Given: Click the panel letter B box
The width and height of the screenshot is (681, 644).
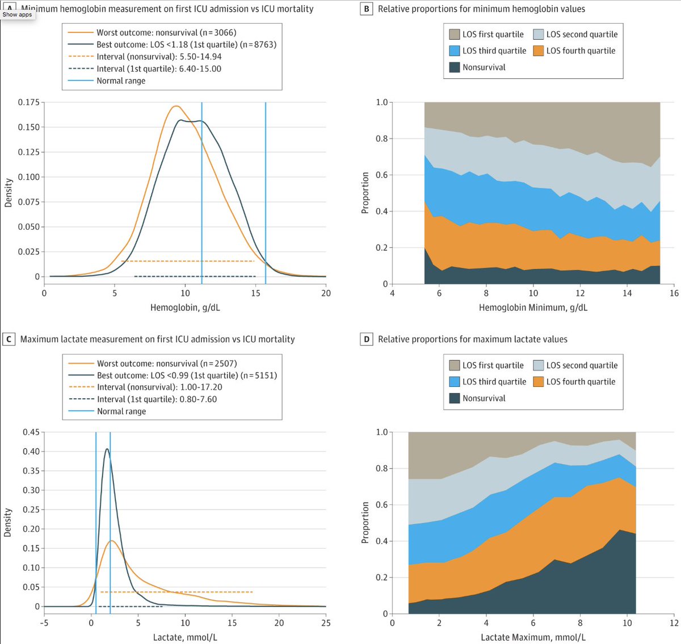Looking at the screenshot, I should click(367, 9).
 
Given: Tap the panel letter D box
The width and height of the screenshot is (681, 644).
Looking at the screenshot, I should click(367, 339).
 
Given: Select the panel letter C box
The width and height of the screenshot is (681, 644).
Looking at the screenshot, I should click(9, 339).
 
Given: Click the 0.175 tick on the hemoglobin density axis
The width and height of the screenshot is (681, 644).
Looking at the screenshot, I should click(28, 102).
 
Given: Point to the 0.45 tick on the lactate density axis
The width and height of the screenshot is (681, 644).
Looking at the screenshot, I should click(31, 432).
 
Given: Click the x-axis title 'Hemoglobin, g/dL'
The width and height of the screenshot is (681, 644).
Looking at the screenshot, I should click(185, 308).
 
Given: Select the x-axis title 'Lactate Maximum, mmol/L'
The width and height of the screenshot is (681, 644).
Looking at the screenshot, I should click(533, 637).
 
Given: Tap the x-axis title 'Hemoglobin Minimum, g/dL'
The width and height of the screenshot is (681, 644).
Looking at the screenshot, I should click(533, 308).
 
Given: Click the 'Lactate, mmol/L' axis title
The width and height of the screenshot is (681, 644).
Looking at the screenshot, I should click(185, 637).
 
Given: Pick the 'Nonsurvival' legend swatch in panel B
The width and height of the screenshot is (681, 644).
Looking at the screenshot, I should click(455, 67).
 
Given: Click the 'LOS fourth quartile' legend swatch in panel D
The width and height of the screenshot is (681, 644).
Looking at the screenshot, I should click(538, 382).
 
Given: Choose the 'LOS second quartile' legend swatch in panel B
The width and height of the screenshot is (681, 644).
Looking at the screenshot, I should click(538, 34).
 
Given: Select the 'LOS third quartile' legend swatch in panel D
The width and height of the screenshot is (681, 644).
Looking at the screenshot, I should click(455, 382).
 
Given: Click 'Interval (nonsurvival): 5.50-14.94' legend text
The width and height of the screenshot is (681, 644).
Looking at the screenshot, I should click(159, 57).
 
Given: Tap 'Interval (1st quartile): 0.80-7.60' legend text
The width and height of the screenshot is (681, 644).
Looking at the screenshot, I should click(157, 399).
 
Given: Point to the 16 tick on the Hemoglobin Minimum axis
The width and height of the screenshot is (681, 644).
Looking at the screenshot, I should click(674, 293).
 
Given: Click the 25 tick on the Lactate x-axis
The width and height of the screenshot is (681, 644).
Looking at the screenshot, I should click(326, 623).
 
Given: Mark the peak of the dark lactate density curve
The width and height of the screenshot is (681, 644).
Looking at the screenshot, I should click(107, 449).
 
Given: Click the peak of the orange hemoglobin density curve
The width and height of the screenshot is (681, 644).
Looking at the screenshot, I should click(176, 106).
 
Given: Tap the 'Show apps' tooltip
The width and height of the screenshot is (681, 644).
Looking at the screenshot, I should click(17, 15).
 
